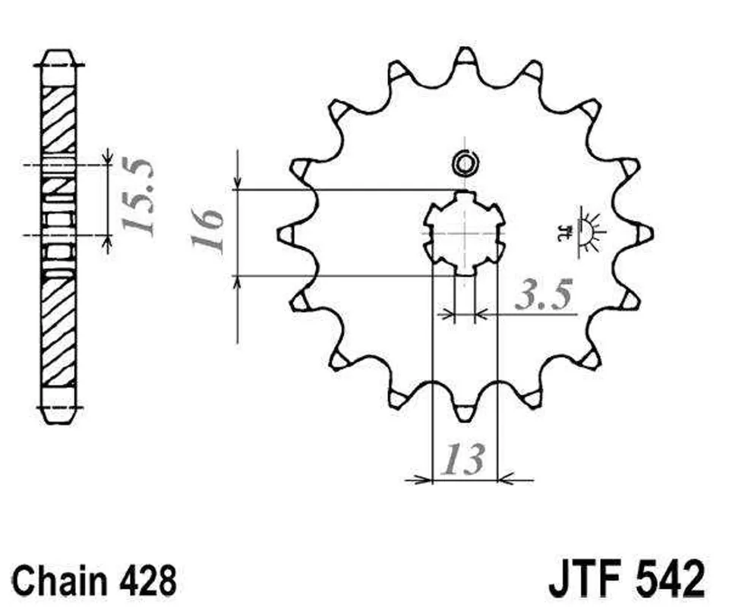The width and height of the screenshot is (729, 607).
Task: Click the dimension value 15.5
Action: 137,197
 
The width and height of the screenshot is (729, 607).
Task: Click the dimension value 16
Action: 207,231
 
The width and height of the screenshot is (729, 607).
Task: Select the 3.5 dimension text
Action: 542,295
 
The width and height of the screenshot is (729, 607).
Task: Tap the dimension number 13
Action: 462,459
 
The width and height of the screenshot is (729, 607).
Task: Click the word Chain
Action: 59,580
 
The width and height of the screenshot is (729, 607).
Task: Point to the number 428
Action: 146,580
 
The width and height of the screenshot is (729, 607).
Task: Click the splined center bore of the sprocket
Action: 465,233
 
